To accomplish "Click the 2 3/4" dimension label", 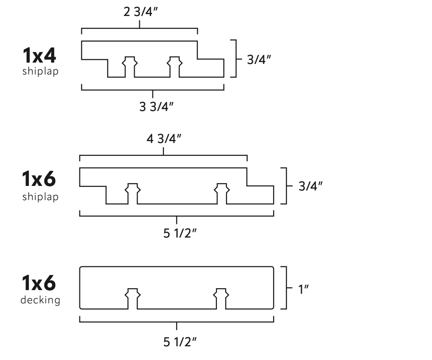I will [x=140, y=12].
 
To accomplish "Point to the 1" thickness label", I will [x=304, y=289].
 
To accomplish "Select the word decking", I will [x=40, y=300].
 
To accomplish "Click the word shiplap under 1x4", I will [x=40, y=72].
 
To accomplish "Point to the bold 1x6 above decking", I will [x=39, y=284].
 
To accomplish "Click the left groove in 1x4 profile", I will [x=130, y=67].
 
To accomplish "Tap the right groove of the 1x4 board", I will [x=174, y=67].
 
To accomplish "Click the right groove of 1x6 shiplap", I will [x=222, y=194].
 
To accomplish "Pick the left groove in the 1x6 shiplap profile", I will [x=133, y=194].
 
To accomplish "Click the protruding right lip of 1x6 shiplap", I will [x=261, y=195].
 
